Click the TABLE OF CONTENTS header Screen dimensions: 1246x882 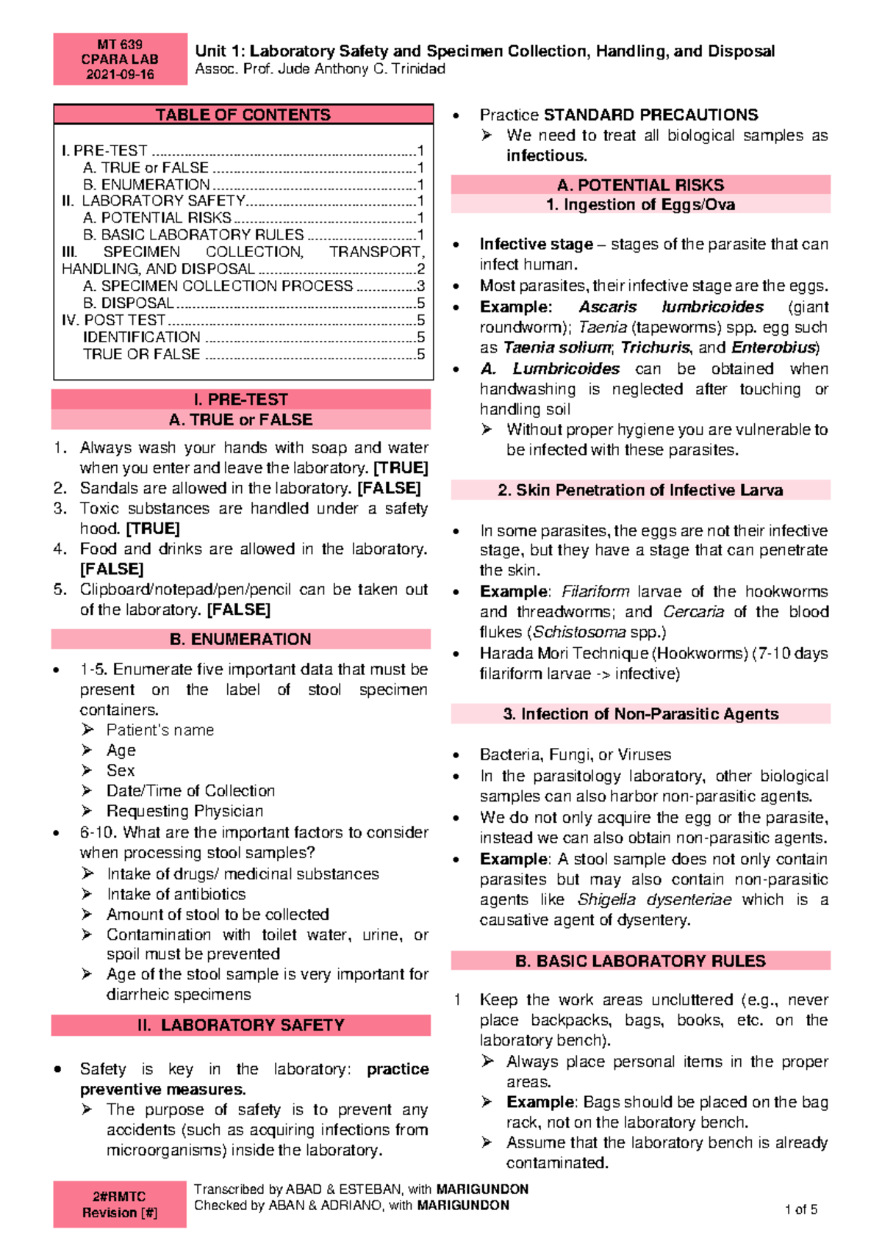243,115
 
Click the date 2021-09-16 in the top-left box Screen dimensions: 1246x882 120,74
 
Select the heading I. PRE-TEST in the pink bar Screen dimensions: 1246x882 240,399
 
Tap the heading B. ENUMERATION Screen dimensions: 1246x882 240,639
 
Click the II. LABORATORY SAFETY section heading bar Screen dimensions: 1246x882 240,1025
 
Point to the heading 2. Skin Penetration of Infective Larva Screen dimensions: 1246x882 640,490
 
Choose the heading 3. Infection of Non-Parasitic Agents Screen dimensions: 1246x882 640,713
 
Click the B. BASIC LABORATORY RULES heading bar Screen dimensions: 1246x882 640,961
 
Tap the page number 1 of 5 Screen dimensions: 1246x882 800,1209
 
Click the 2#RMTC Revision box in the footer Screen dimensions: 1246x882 120,1204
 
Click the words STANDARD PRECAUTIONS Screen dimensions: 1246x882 650,115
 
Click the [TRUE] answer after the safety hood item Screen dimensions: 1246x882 153,528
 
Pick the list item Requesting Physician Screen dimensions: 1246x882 184,811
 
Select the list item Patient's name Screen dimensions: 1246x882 160,730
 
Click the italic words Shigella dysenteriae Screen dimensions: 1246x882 654,899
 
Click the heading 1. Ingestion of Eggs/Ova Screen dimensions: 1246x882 640,205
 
